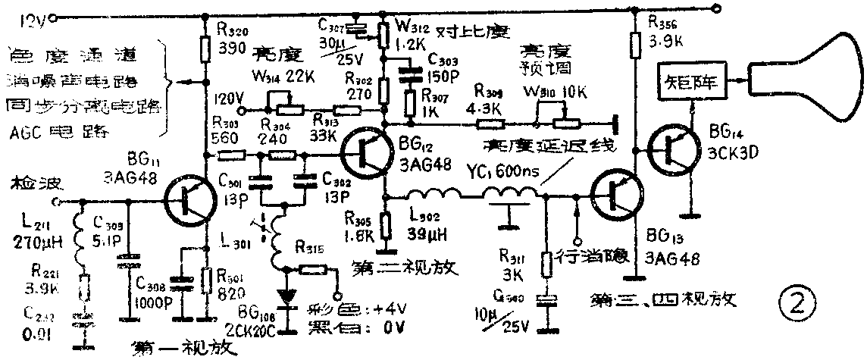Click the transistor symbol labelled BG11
[188, 202]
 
